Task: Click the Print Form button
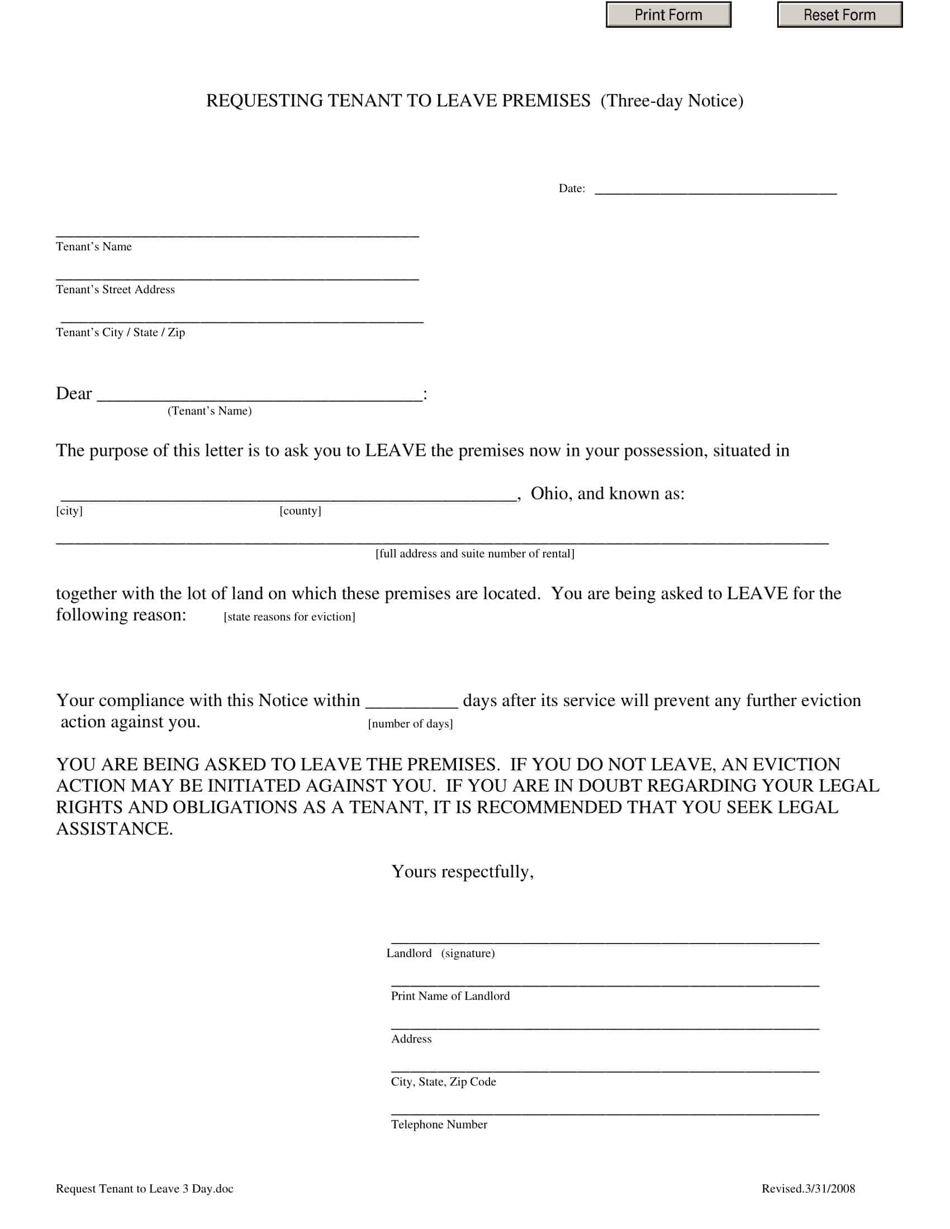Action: click(668, 15)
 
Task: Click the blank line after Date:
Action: click(715, 189)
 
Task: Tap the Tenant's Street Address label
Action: click(115, 289)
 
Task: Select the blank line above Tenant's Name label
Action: click(237, 232)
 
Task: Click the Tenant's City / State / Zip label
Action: click(121, 332)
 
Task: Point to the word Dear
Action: click(74, 393)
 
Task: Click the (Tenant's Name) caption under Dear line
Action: click(210, 411)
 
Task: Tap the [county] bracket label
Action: click(300, 511)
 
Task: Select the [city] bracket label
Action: click(69, 511)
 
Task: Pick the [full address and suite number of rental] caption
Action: click(474, 554)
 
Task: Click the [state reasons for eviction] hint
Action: click(289, 617)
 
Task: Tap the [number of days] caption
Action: click(410, 723)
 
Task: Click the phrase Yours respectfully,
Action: click(462, 871)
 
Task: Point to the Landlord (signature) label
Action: click(441, 953)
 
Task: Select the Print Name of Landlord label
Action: click(450, 996)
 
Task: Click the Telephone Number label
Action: click(439, 1125)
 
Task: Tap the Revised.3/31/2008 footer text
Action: click(808, 1188)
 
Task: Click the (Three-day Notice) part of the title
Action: click(671, 101)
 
